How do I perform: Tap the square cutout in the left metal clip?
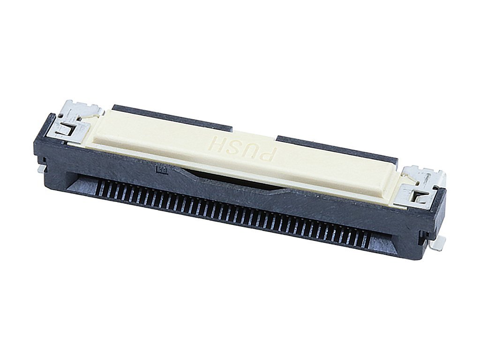pyautogui.click(x=67, y=129)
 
